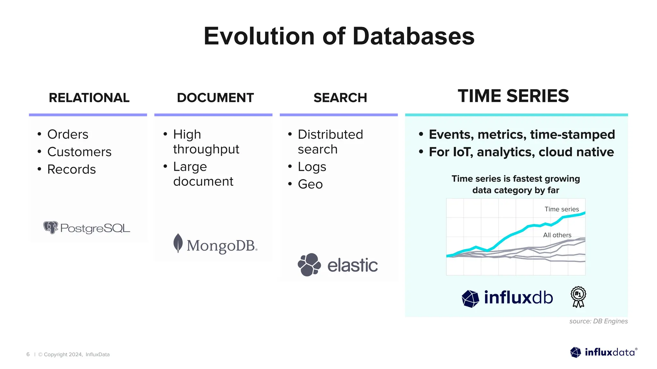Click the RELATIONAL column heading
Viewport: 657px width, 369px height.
(89, 98)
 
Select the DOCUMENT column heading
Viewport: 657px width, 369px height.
(215, 98)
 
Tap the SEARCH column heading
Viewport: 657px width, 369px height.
(340, 98)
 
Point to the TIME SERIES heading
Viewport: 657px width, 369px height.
(513, 96)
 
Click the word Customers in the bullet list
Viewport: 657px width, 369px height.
(79, 152)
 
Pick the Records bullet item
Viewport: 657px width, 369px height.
(72, 169)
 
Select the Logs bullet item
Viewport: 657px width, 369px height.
(312, 167)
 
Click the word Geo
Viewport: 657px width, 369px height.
(310, 184)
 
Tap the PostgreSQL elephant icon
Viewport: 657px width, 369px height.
(51, 227)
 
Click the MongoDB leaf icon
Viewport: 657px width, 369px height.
(178, 243)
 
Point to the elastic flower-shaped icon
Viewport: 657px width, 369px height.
(309, 265)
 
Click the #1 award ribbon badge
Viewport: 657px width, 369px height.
(578, 297)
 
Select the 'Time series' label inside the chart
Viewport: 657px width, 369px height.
(561, 209)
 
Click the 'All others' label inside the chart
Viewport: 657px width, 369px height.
(557, 235)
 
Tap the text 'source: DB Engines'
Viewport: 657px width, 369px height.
(598, 321)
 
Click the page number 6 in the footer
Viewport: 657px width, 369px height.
(28, 354)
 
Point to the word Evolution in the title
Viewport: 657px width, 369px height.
(259, 36)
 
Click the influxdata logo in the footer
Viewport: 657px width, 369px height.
(603, 352)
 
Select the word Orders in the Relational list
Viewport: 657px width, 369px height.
(68, 135)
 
